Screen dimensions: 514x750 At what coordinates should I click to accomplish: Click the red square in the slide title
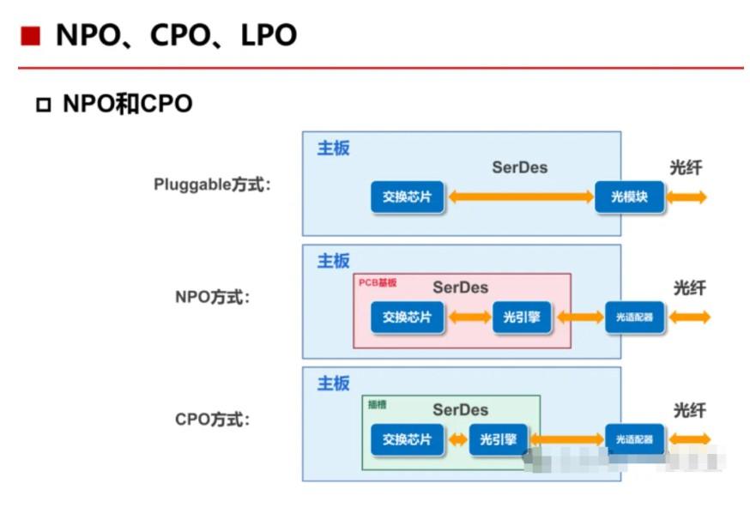[31, 36]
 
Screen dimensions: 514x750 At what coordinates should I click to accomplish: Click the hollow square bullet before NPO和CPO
[44, 106]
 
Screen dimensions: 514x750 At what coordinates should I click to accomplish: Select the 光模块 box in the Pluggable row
[629, 197]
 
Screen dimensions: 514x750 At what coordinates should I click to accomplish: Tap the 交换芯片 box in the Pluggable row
[408, 197]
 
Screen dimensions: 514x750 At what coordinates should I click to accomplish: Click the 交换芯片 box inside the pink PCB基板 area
[408, 317]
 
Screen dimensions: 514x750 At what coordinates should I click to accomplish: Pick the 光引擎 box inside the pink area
[522, 317]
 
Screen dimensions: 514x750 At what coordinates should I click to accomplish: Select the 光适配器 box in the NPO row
[634, 317]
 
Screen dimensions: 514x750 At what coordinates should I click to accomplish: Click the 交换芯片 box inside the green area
[408, 440]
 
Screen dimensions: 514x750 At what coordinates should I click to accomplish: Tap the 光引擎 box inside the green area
[499, 440]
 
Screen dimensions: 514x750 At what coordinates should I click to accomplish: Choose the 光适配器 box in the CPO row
[634, 440]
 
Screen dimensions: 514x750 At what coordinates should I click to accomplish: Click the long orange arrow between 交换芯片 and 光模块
[522, 197]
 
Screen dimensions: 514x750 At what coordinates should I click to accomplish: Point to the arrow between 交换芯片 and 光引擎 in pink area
[469, 317]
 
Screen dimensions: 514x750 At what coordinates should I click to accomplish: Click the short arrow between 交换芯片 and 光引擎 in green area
[457, 440]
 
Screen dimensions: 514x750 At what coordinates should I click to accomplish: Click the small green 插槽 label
[377, 404]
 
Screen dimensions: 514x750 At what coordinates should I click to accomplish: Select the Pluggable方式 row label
[212, 184]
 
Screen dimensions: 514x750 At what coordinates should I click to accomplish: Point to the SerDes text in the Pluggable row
[519, 167]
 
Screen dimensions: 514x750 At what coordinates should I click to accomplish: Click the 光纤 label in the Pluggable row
[686, 167]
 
